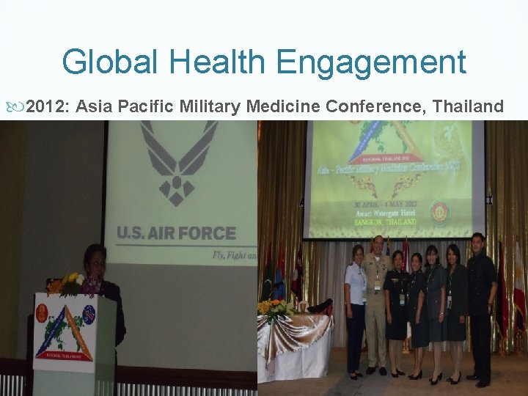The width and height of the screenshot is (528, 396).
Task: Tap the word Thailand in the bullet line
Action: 468,107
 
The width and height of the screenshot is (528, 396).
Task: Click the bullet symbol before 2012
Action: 18,108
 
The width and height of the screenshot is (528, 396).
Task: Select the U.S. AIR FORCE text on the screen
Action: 176,234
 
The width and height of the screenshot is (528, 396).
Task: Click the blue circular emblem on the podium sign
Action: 89,311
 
